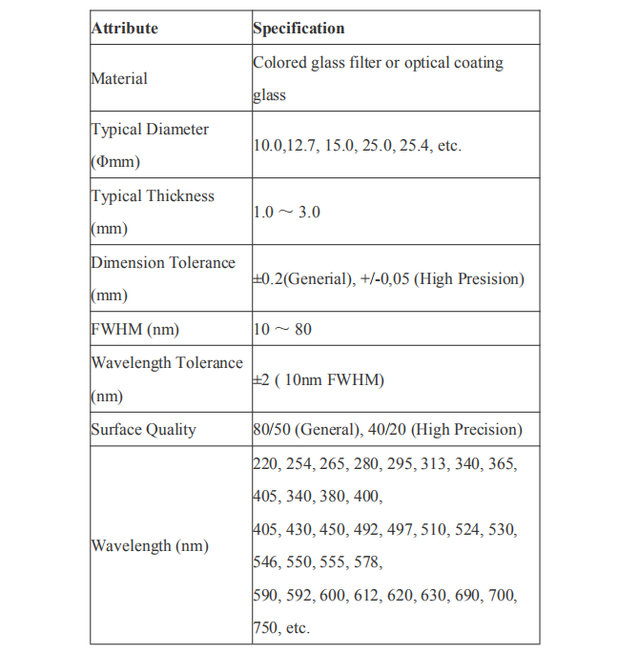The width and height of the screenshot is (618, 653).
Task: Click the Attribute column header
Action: click(124, 29)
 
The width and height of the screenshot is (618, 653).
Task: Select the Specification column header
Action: click(299, 29)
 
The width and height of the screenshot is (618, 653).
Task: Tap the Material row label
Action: click(119, 78)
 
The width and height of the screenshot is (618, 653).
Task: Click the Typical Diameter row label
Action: click(150, 130)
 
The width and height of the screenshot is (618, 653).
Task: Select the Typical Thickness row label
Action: click(153, 196)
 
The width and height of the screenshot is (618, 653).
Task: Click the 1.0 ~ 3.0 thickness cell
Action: click(287, 212)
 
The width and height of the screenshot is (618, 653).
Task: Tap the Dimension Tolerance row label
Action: click(163, 263)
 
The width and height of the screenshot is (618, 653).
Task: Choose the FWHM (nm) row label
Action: click(134, 329)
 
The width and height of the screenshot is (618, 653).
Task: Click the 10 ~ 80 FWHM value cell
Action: click(282, 329)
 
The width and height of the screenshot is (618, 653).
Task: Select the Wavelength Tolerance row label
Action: click(167, 363)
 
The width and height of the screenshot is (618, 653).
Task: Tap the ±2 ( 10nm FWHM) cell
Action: click(319, 379)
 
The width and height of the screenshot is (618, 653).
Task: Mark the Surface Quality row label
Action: click(143, 429)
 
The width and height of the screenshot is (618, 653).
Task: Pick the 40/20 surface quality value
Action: click(384, 429)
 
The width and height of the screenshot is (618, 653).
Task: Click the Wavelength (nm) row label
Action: click(150, 545)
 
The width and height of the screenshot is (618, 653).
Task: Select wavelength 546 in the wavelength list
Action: click(264, 562)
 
